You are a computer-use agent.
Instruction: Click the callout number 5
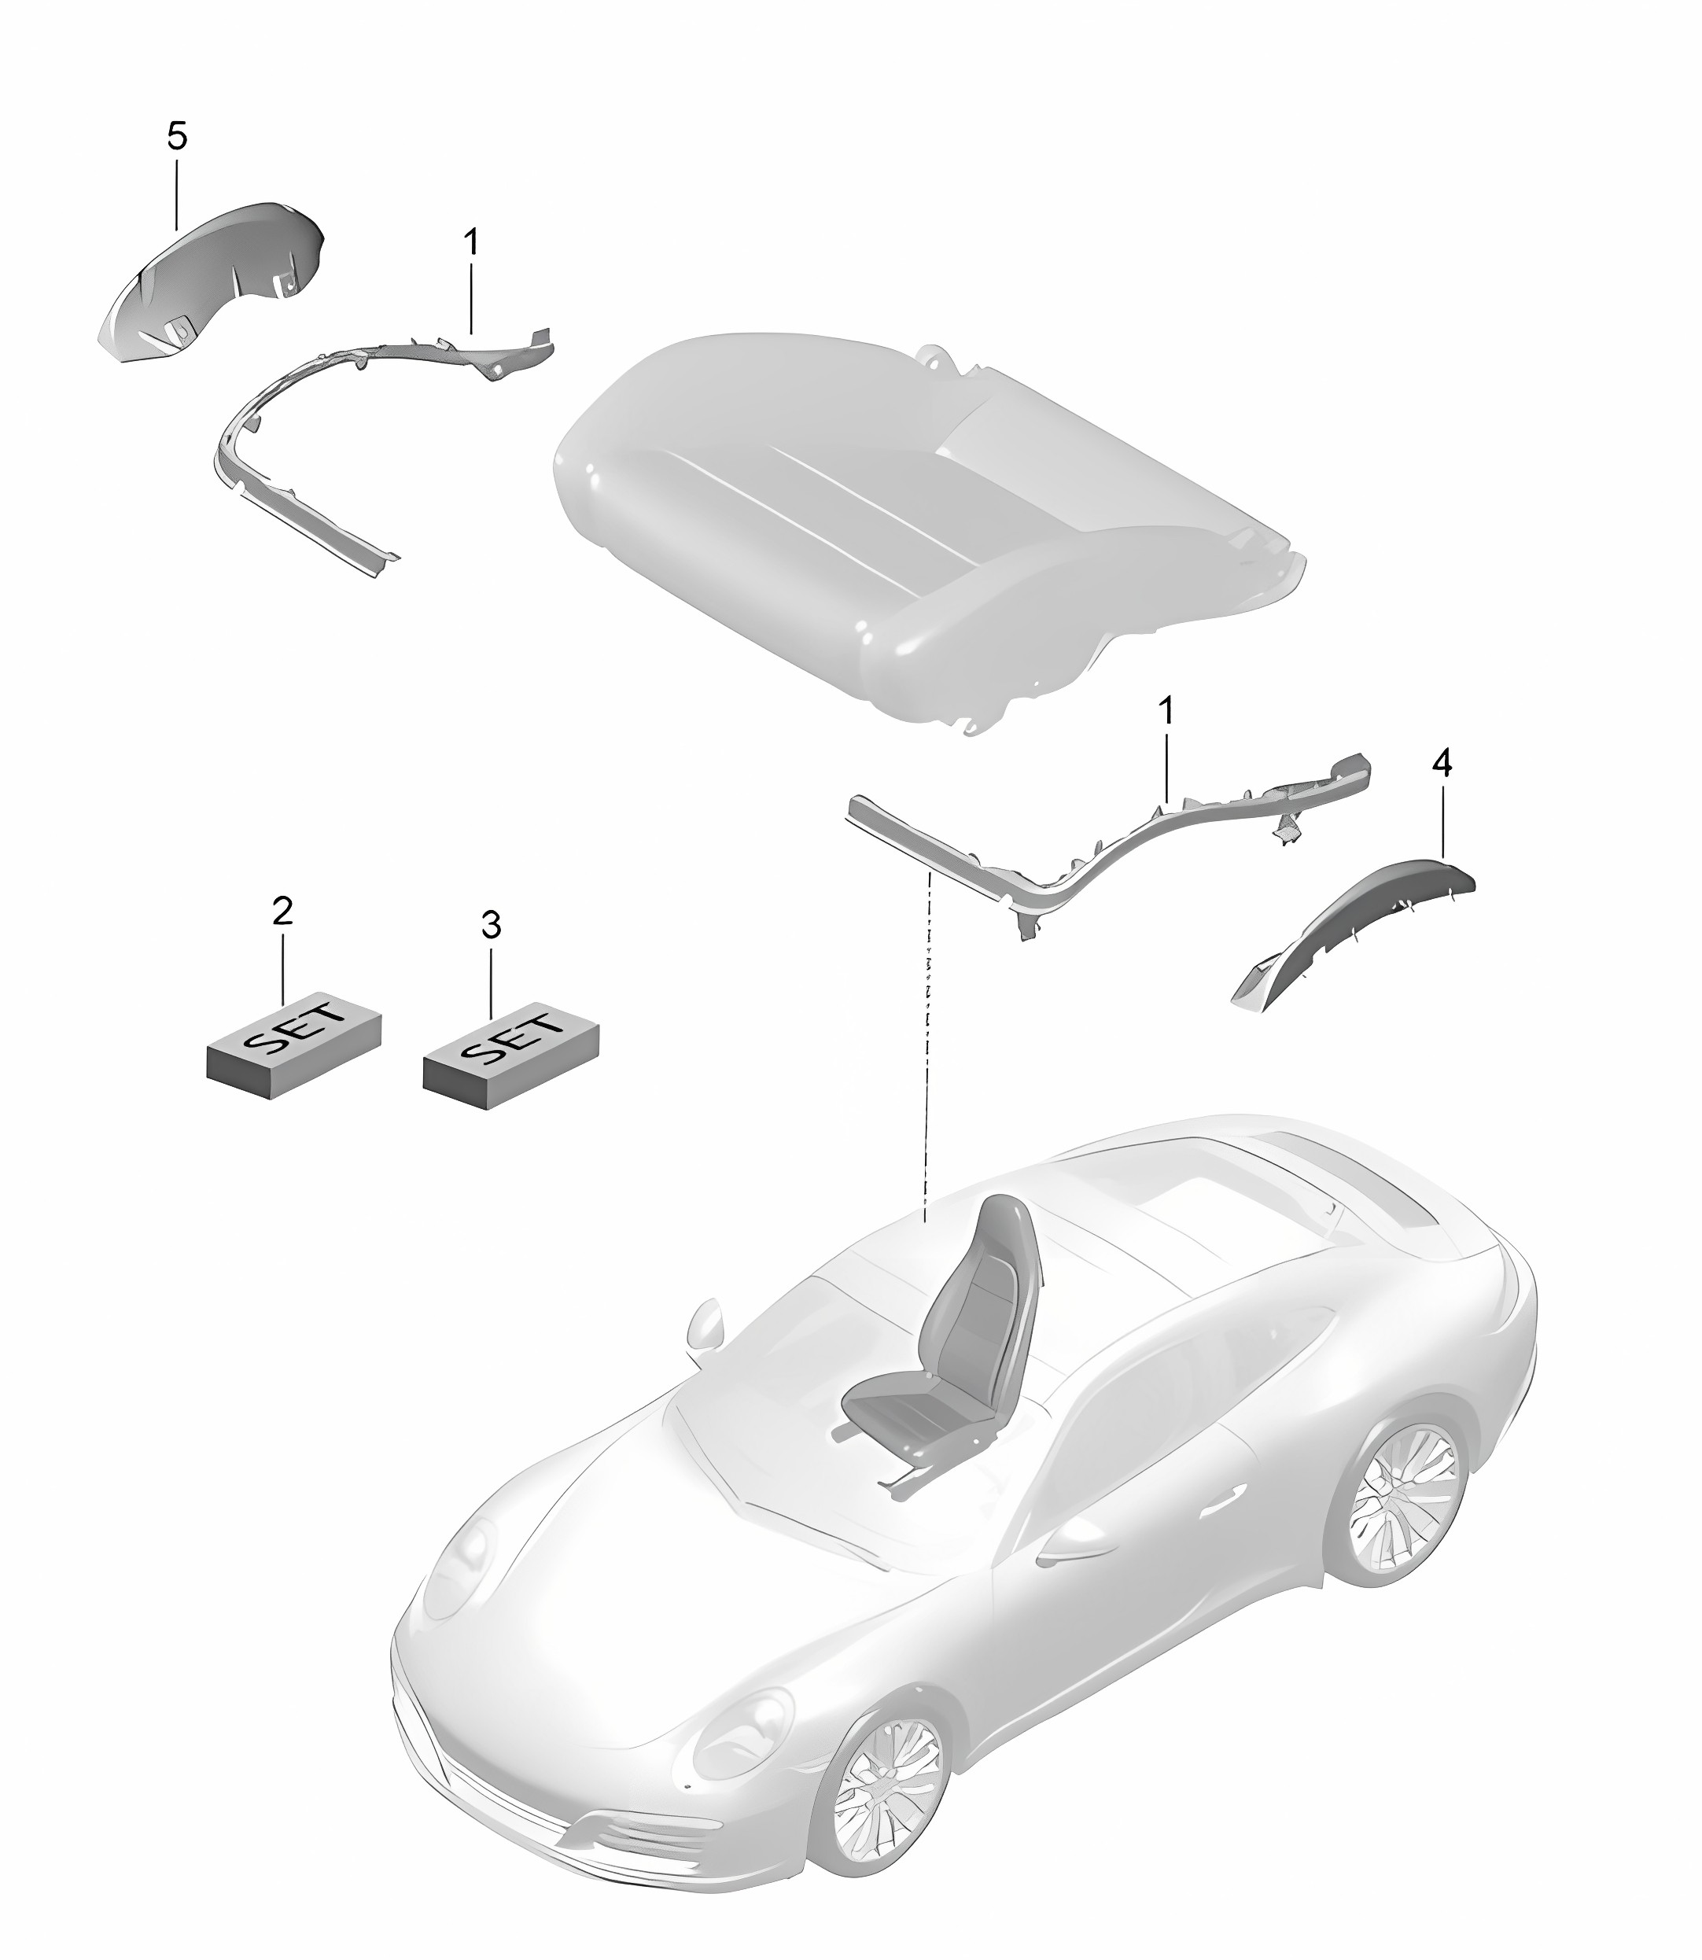(178, 138)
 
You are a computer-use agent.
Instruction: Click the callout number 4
(1442, 763)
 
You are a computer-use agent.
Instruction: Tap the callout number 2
(282, 911)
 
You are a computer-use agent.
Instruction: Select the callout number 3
(490, 925)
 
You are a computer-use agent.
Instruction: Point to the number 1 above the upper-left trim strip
(471, 216)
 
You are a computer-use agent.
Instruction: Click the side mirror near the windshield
(704, 1323)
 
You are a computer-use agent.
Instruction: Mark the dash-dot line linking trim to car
(928, 1044)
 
